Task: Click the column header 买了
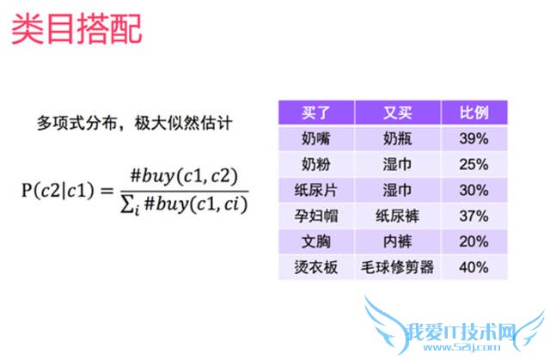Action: coord(316,113)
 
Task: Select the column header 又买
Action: coord(397,113)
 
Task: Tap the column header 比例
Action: coord(474,113)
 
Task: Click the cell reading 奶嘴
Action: coord(316,137)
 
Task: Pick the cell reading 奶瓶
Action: coord(397,137)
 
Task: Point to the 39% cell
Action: coord(474,137)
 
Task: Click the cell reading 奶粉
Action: coord(316,163)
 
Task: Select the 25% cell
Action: coord(474,163)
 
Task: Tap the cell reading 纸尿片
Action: coord(316,189)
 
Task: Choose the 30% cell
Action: coord(474,189)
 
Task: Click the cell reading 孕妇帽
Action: coord(316,215)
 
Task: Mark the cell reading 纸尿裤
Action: coord(397,215)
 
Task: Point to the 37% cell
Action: coord(474,215)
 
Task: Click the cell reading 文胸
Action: coord(316,241)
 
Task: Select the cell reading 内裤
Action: coord(397,241)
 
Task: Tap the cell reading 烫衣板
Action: coord(316,267)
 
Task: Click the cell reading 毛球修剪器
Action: coord(397,267)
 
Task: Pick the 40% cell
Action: coord(474,267)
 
